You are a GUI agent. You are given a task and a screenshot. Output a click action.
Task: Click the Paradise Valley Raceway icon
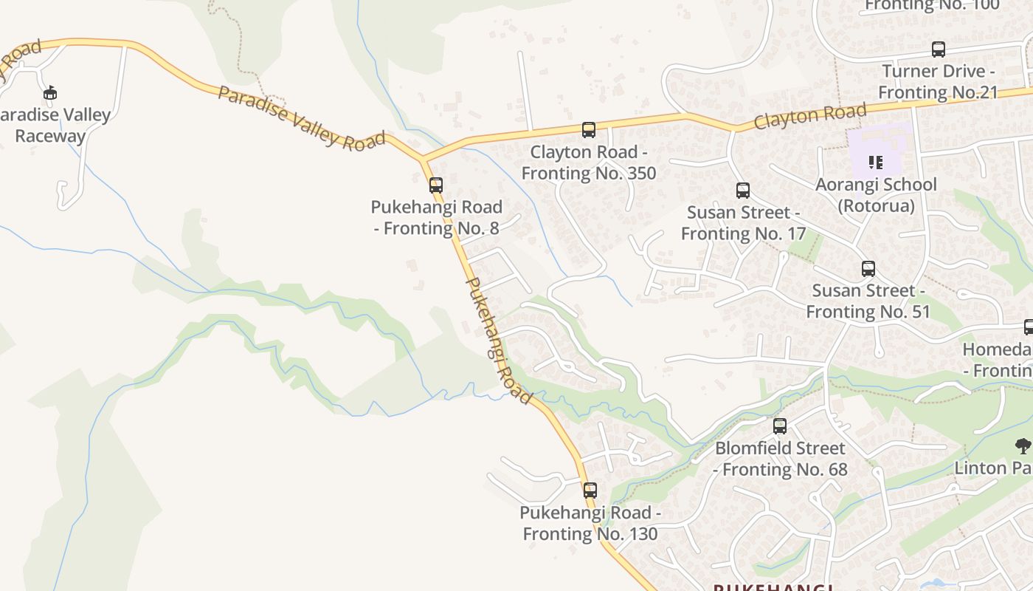click(x=50, y=93)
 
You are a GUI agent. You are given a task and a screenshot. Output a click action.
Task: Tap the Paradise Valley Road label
click(x=301, y=118)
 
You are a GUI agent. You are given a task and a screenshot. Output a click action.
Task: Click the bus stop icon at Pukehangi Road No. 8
click(x=436, y=185)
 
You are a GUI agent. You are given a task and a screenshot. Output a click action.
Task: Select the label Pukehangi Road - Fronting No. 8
click(x=437, y=217)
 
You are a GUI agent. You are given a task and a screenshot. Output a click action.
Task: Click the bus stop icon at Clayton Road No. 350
click(x=588, y=130)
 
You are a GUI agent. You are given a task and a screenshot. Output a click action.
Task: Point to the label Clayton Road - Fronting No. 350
click(x=589, y=163)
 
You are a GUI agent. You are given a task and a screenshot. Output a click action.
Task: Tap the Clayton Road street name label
click(x=809, y=117)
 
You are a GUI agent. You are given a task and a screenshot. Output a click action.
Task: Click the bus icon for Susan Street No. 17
click(x=743, y=191)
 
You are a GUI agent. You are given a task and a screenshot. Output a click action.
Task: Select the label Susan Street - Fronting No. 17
click(x=743, y=223)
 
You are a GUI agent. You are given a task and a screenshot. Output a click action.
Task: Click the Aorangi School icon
click(x=876, y=162)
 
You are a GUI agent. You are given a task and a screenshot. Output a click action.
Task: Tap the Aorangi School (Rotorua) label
click(x=876, y=194)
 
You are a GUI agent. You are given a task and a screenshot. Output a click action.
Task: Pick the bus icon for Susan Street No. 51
click(x=868, y=269)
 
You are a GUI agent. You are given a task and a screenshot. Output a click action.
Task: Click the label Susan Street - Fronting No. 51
click(x=868, y=301)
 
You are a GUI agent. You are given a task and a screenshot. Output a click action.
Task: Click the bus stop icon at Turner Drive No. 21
click(x=938, y=49)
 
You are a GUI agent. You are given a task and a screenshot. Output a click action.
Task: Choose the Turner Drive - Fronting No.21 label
click(x=938, y=82)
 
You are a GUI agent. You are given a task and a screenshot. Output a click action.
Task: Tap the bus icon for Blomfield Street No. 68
click(x=780, y=426)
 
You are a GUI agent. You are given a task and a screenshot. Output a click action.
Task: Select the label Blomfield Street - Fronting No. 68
click(x=780, y=459)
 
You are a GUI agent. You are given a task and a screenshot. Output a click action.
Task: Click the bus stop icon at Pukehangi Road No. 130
click(x=590, y=490)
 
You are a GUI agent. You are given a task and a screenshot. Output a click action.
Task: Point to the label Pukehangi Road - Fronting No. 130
click(x=590, y=523)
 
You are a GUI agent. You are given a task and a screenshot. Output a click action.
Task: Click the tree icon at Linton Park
click(x=1023, y=445)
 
